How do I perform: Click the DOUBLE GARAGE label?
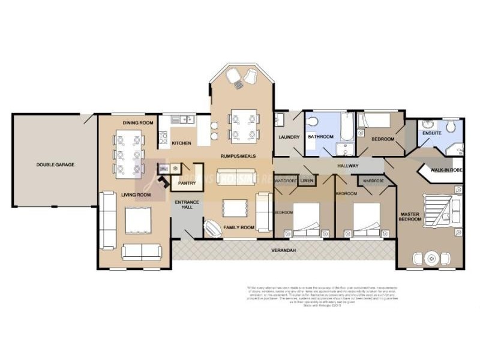tap(55, 164)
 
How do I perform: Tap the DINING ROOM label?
tap(139, 123)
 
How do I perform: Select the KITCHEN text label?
tap(182, 143)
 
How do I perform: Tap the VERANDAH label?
tap(284, 250)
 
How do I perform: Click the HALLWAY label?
tap(347, 166)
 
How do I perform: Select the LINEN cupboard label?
tap(307, 180)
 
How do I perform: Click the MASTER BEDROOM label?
tap(411, 216)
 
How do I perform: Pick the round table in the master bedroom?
tap(430, 259)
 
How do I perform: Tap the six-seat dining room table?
tap(129, 152)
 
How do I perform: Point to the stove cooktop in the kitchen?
tap(163, 139)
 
